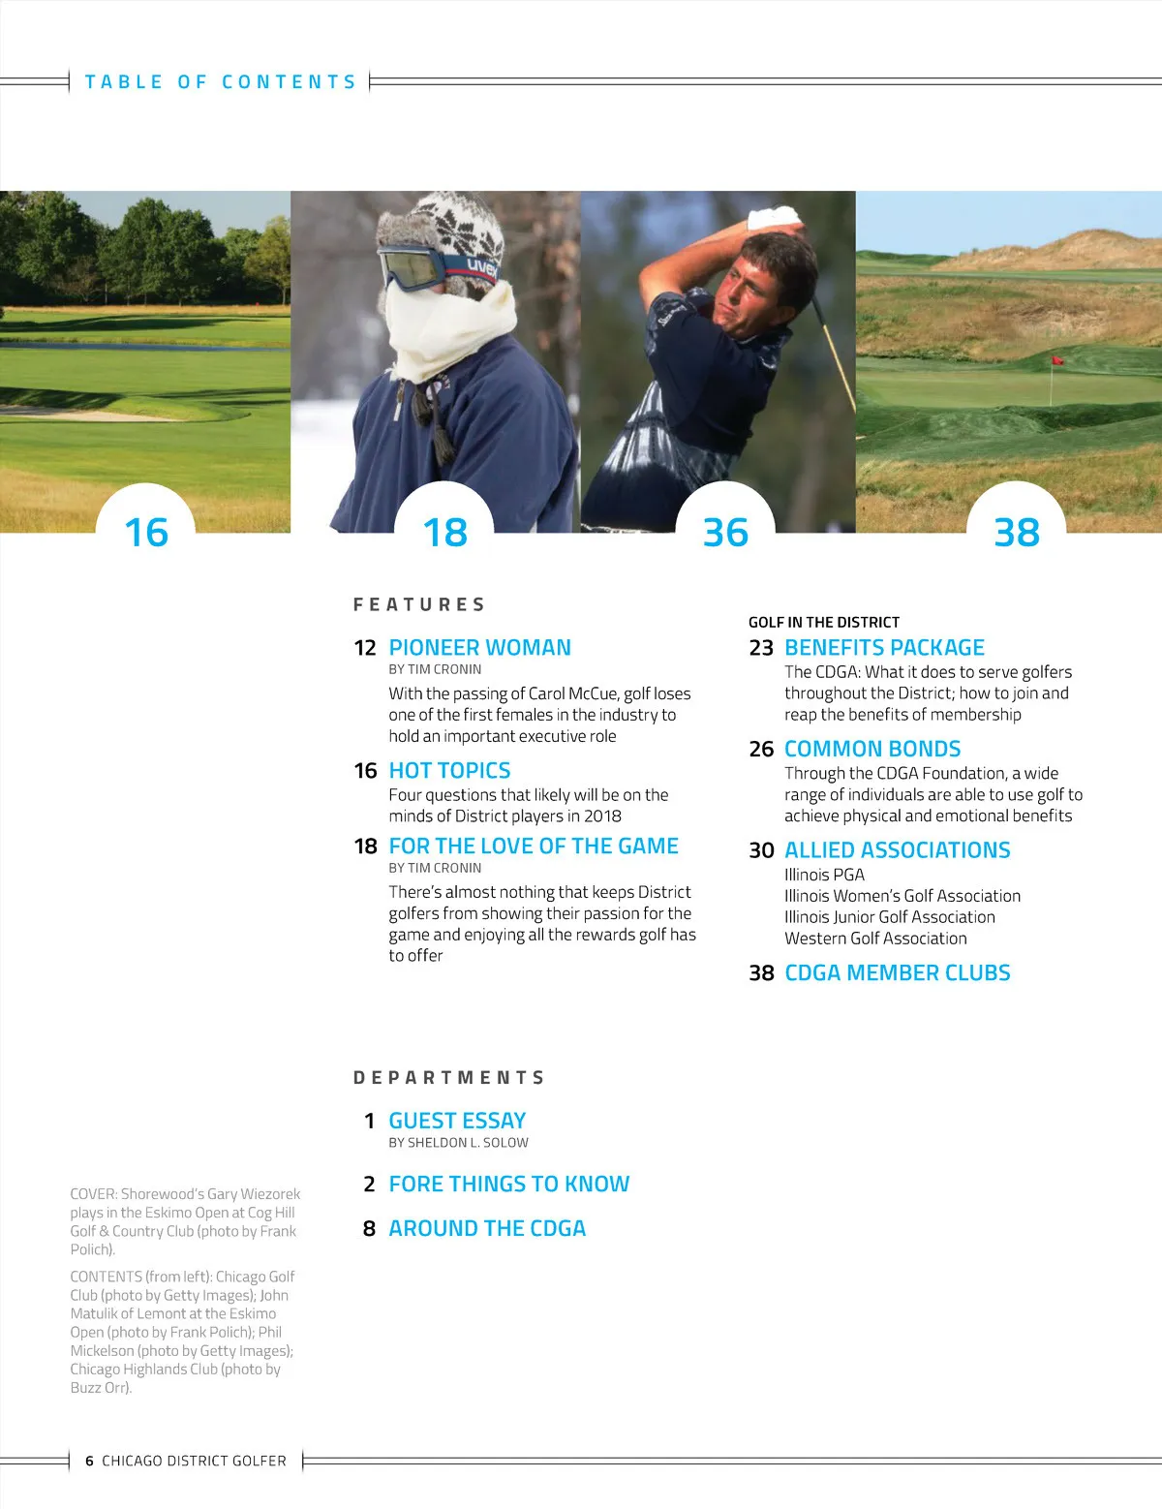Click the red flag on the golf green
tap(1057, 360)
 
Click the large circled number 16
tap(146, 532)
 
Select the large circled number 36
tap(725, 532)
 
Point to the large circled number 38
tap(1017, 532)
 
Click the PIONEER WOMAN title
tap(479, 647)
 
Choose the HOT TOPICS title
tap(449, 770)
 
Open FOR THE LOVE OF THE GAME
tap(534, 846)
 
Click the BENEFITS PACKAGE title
tap(884, 647)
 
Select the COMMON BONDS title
tap(872, 749)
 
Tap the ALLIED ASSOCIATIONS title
tap(897, 849)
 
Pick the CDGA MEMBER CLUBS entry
tap(897, 972)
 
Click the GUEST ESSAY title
tap(457, 1121)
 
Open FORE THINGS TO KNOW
tap(508, 1184)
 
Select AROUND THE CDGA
tap(487, 1228)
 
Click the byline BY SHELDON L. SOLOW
tap(458, 1143)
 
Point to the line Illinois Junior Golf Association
tap(889, 916)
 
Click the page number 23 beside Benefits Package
tap(761, 647)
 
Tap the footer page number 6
tap(89, 1461)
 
